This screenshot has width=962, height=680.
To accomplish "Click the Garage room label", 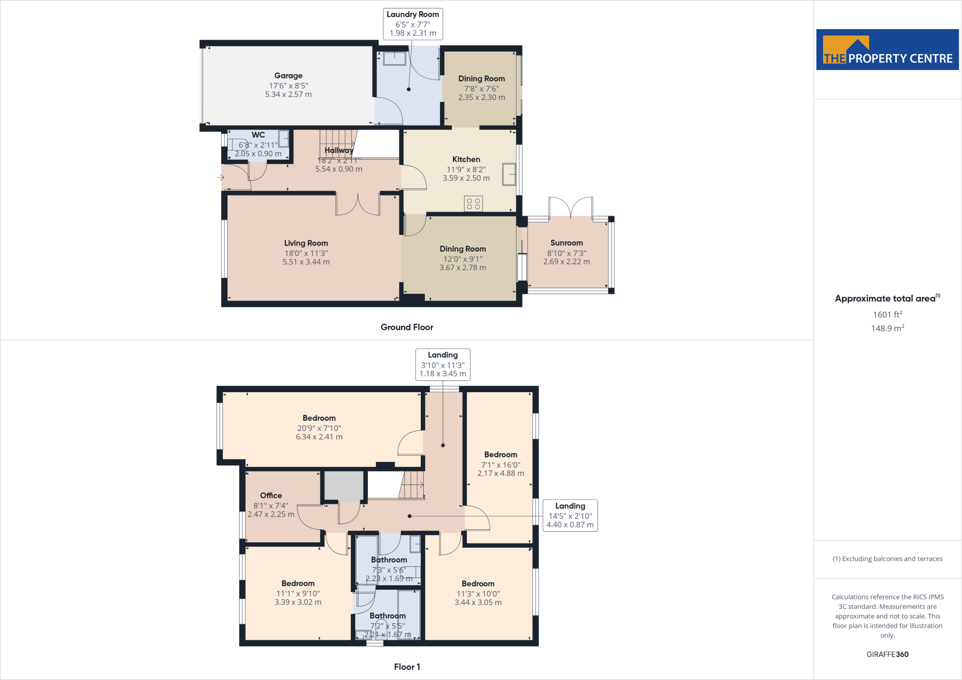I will pos(288,76).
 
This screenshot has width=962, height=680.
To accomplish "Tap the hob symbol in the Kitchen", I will pos(473,204).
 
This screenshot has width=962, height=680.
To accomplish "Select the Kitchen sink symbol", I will pos(509,174).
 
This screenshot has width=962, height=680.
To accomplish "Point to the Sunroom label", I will pos(566,243).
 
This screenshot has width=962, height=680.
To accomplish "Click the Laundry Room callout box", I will pos(413,24).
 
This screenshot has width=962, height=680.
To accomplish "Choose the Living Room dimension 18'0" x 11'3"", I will pos(306,253).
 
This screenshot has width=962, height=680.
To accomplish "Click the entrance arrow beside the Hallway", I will pos(221,178).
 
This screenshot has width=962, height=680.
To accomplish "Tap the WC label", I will pos(258,135).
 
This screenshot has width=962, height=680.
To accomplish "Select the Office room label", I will pos(271,495).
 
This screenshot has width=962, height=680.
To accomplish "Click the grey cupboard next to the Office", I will pos(344,487).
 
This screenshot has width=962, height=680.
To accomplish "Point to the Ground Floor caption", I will pos(407,327).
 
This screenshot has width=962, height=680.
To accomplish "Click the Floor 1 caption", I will pos(407,667).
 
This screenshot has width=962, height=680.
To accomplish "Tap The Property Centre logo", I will pos(887,50).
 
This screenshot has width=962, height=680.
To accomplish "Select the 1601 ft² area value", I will pos(887,315).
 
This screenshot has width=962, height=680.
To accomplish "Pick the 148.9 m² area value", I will pos(887,328).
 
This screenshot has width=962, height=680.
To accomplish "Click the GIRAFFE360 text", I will pos(887,654).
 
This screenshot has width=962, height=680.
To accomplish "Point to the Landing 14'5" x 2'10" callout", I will pos(570,515).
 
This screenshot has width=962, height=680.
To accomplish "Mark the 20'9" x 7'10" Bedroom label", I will pos(319,418).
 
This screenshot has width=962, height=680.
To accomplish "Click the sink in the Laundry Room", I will pos(395,58).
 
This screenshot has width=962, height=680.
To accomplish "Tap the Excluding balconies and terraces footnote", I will pos(887,559).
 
